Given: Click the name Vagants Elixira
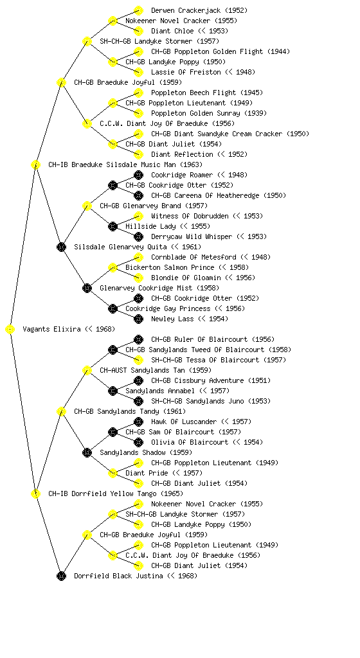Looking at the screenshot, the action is (x=51, y=329).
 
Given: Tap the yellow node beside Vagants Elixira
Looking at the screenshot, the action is (x=10, y=330).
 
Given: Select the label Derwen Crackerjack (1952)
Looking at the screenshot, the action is (x=199, y=10).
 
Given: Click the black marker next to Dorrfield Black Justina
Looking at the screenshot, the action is (x=61, y=576).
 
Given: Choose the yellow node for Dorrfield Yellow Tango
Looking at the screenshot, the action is (x=35, y=493).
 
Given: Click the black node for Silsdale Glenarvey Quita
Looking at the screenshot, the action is (x=61, y=247).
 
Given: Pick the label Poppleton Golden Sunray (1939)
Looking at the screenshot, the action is (x=209, y=113).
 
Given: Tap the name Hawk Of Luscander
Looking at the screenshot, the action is (x=184, y=422).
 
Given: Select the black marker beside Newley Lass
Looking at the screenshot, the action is (x=138, y=319).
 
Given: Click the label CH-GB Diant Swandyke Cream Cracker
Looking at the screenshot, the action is (x=217, y=134).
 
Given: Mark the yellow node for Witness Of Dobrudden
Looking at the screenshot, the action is (x=138, y=216).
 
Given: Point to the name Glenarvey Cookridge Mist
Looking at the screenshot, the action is (x=146, y=288).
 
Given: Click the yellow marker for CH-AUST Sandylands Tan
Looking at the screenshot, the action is (x=87, y=370).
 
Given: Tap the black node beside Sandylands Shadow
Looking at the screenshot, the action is (x=87, y=452).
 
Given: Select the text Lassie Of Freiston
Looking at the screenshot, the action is (x=186, y=72).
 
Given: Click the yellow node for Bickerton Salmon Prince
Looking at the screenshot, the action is (x=113, y=267).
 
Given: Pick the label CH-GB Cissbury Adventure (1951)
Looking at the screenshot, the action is (x=211, y=380).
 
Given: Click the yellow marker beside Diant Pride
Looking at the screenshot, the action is (x=113, y=473).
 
